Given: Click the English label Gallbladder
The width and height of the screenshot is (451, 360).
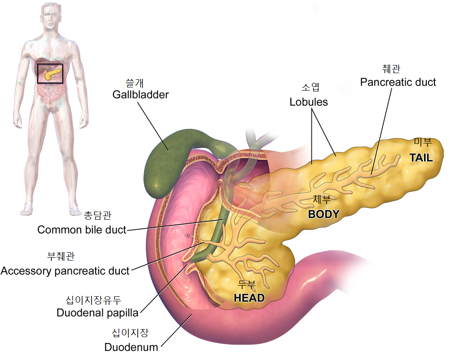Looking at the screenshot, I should pos(140,95).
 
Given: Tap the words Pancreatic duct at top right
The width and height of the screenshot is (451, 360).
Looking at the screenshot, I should pos(398,82).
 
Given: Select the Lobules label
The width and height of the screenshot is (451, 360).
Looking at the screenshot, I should pos(308,102).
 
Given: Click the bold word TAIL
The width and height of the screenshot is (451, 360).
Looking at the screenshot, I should pos(420,158).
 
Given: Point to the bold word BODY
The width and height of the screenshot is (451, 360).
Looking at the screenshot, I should pos(323,214).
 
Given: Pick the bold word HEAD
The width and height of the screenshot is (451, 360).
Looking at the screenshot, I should pos(249,298).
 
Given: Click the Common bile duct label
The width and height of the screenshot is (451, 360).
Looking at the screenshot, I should pos(82,230).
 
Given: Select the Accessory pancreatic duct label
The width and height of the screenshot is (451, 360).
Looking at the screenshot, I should pos(65,271).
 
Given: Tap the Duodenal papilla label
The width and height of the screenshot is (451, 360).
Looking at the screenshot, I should pos(97,312).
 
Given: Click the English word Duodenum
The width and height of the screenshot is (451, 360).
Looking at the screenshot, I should pos(131,347).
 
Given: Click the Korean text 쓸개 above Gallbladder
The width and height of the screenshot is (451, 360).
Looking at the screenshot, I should pos(140,83).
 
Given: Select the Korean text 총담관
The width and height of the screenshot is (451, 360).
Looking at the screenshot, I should pos(97,216).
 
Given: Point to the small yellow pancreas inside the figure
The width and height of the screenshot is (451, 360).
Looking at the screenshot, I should pos(52,73).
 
